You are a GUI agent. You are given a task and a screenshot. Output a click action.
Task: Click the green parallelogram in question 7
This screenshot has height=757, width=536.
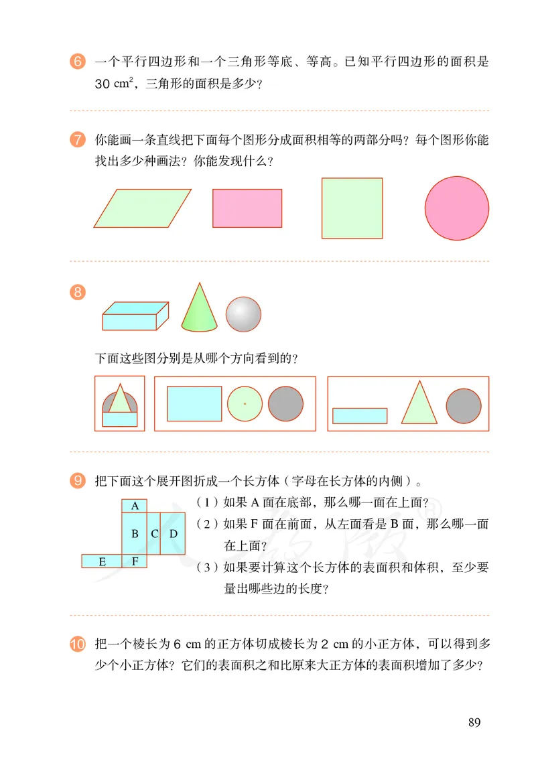coord(143,208)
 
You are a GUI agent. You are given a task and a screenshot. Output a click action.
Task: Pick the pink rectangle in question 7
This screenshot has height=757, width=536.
coord(247,208)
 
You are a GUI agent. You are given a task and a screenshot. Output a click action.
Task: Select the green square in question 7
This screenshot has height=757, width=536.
coord(352,208)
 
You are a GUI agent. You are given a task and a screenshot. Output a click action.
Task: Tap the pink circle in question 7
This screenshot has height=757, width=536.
coord(456,208)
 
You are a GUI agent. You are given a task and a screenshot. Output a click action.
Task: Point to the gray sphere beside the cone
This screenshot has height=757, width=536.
coord(243,314)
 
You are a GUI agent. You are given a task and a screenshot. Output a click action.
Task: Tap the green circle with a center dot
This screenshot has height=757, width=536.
coord(245,404)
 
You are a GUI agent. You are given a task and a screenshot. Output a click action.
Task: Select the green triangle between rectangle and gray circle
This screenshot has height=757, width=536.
coord(419,405)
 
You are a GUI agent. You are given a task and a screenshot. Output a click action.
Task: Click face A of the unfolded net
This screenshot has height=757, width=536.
coord(135,506)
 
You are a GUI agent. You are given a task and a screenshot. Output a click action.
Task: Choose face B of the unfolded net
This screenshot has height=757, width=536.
coord(135,534)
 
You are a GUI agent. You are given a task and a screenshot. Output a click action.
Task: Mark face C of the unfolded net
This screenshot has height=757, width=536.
coord(154,534)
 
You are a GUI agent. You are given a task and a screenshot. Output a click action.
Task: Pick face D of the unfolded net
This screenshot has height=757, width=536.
coord(173,534)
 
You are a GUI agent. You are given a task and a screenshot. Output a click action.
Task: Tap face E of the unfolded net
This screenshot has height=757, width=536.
coord(102,561)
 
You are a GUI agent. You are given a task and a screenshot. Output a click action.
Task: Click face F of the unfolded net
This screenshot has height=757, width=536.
coord(135,561)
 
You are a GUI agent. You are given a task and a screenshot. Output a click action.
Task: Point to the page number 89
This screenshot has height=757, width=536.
coord(474,722)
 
